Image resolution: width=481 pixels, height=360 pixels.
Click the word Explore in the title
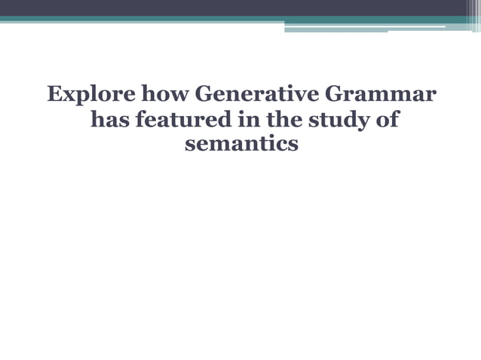[81, 97]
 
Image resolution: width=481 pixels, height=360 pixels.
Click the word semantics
[241, 143]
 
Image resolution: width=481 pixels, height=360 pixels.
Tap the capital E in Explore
[54, 97]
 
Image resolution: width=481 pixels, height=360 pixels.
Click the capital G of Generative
[204, 97]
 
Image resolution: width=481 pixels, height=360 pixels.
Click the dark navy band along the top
[226, 8]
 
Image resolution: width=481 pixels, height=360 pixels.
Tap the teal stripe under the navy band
[226, 20]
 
